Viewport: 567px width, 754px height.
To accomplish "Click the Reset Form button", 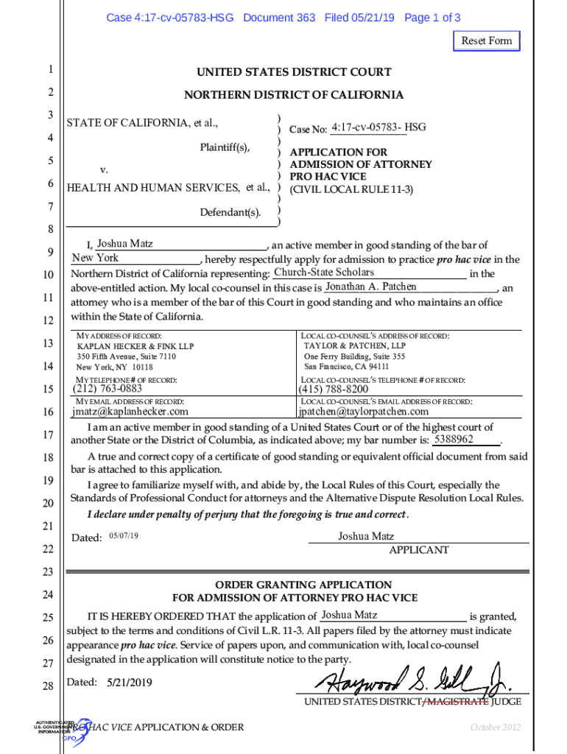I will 486,40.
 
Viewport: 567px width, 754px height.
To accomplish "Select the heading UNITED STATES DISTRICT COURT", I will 293,72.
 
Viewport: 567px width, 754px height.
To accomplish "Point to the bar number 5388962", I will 454,440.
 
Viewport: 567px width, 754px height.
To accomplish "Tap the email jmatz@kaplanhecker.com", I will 130,412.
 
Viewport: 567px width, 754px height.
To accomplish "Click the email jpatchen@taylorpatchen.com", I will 363,412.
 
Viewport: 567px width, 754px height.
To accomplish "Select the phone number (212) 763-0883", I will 108,389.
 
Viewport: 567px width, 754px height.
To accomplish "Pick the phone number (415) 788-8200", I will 334,389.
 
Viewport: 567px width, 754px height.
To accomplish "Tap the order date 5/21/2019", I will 130,683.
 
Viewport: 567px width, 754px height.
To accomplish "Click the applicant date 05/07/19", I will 123,535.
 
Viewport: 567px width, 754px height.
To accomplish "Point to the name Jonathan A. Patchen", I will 370,286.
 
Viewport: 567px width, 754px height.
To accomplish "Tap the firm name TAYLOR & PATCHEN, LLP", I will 354,345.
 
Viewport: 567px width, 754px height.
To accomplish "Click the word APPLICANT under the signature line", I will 418,550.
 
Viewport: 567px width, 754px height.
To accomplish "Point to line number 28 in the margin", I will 48,686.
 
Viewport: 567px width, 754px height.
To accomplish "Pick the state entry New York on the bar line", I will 95,258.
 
